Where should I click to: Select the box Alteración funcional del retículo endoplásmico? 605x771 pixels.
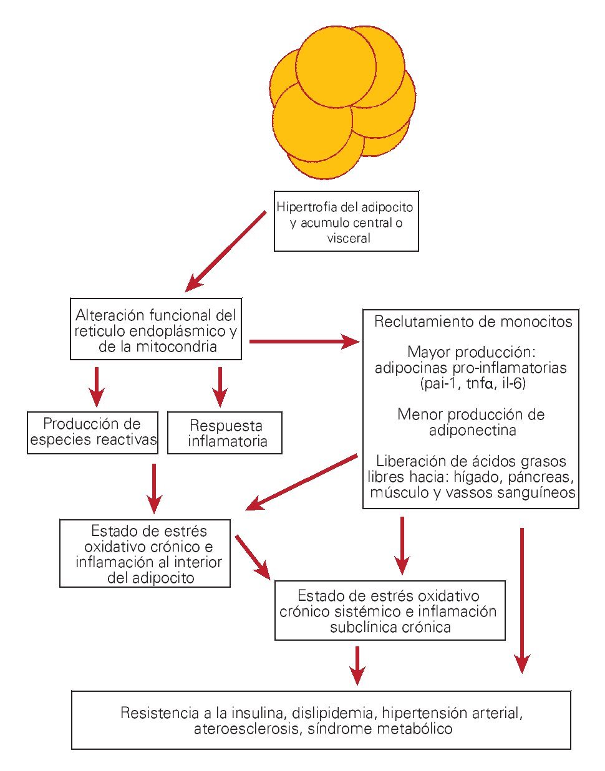[x=155, y=329]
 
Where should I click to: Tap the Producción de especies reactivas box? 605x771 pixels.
[x=92, y=433]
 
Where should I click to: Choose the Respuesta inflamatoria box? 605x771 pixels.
[x=225, y=433]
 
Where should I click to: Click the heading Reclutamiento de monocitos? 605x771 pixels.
[x=473, y=322]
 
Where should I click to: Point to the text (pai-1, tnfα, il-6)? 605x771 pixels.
[x=473, y=383]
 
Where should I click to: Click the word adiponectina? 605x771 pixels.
[x=473, y=430]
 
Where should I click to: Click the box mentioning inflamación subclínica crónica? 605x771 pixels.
[x=390, y=611]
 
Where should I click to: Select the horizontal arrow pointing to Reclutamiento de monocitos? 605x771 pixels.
[x=304, y=341]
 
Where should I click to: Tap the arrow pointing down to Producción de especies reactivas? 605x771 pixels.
[x=96, y=386]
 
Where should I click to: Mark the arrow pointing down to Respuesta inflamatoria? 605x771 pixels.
[x=220, y=386]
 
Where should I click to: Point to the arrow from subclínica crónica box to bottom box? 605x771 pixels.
[x=357, y=665]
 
